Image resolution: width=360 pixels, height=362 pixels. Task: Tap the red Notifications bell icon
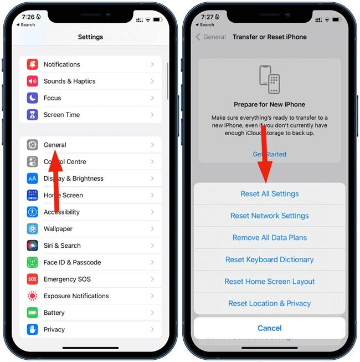tap(33, 64)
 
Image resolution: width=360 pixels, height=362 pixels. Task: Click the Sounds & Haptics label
tap(69, 81)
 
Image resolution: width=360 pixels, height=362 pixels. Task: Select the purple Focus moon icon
tap(33, 98)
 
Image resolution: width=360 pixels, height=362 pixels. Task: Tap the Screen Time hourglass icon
tap(33, 115)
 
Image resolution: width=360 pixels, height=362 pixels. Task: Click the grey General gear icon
tap(33, 145)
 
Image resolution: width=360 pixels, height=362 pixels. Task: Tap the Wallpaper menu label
tap(58, 229)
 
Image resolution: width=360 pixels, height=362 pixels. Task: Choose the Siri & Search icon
tap(33, 246)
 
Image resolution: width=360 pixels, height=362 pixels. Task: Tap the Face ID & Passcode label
tap(72, 262)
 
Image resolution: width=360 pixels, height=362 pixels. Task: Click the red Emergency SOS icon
tap(33, 279)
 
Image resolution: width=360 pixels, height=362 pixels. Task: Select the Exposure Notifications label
tap(76, 296)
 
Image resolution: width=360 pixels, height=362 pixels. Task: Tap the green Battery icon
tap(33, 313)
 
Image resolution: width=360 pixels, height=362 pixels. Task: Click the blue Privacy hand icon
tap(33, 329)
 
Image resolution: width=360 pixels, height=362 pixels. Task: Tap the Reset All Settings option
tap(269, 194)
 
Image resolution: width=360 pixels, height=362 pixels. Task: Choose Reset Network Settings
tap(269, 216)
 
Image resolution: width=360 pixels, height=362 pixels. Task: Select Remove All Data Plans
tap(269, 238)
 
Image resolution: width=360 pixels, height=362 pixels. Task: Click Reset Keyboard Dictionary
tap(269, 259)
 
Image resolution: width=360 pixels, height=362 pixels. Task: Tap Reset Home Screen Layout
tap(269, 282)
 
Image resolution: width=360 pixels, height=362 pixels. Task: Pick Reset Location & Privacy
tap(269, 303)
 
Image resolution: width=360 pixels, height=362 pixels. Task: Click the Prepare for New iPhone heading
tap(269, 104)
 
